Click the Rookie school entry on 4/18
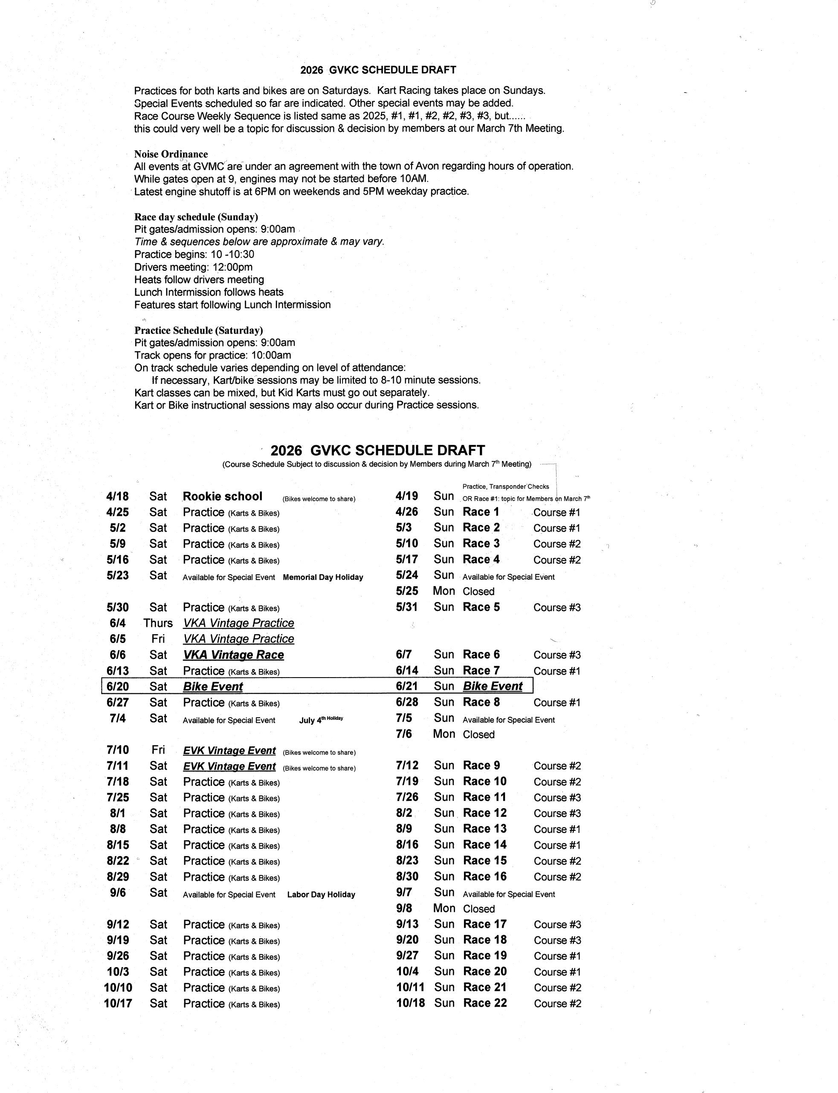tap(223, 496)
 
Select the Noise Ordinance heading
tap(171, 154)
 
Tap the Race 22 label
tap(485, 1002)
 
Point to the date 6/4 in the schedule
tap(118, 623)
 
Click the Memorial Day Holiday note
tap(323, 577)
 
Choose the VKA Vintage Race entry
tap(233, 655)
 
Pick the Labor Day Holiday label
tap(321, 894)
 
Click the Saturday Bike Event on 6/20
tap(213, 687)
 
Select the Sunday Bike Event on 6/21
tap(493, 686)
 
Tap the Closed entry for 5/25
tap(478, 591)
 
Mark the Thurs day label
tap(158, 623)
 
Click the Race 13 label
tap(485, 828)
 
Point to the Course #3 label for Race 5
tap(557, 608)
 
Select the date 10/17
tap(118, 1003)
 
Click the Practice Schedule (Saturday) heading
tap(199, 330)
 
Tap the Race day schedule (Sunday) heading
tap(196, 217)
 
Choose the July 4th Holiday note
tap(321, 720)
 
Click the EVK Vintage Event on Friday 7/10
tap(229, 751)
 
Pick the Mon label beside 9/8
tap(444, 908)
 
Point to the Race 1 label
tap(481, 512)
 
